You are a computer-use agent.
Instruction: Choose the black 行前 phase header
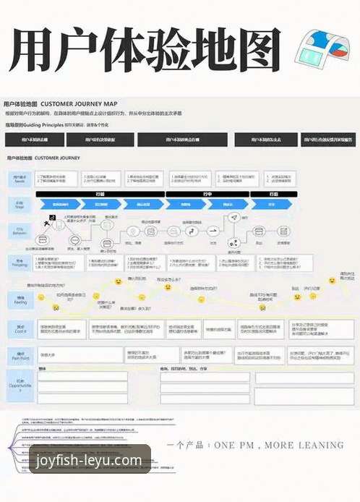pyautogui.click(x=100, y=194)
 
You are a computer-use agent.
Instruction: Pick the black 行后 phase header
pyautogui.click(x=272, y=194)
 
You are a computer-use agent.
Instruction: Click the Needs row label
pyautogui.click(x=20, y=178)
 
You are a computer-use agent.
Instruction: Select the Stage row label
pyautogui.click(x=20, y=204)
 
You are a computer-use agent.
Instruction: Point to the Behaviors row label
pyautogui.click(x=20, y=231)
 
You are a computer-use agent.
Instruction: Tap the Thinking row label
pyautogui.click(x=20, y=263)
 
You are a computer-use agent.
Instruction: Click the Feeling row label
pyautogui.click(x=20, y=298)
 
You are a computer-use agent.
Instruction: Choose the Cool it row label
pyautogui.click(x=20, y=328)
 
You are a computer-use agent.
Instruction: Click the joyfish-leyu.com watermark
pyautogui.click(x=87, y=460)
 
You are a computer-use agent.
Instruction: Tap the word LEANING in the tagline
pyautogui.click(x=324, y=446)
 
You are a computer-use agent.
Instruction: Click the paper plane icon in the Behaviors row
pyautogui.click(x=233, y=218)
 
